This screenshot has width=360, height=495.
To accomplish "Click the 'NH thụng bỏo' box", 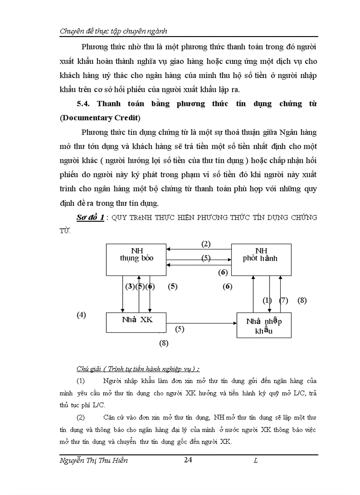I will point(136,259).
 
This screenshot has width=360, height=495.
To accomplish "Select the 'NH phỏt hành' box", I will point(261,259).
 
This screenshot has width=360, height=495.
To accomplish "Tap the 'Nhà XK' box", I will point(136,322).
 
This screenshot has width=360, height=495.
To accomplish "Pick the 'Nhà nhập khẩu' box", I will point(264,325).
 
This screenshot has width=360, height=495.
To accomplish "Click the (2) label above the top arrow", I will point(206,244).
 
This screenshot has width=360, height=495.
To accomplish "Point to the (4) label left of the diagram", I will point(81,315).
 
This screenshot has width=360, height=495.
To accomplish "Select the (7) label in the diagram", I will point(284,301).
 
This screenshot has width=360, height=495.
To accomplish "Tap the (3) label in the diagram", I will point(130,286).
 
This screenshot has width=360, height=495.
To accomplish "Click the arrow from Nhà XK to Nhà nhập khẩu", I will point(201,323).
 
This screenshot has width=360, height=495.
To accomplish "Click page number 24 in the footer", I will point(188,460).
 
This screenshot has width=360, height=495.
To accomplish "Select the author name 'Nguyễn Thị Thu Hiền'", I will point(94,461).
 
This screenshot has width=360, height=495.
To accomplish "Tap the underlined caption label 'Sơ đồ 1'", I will point(90,218).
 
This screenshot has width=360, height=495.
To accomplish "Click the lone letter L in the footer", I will point(255,461).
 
